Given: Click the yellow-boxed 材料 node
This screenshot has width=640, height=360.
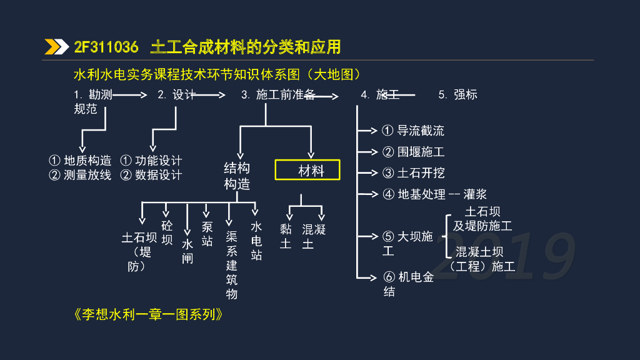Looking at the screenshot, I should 308,171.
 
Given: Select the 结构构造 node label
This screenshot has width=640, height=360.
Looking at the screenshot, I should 237,176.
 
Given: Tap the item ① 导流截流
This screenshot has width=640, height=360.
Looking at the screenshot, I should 413,131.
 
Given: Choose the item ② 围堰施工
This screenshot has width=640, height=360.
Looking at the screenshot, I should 413,152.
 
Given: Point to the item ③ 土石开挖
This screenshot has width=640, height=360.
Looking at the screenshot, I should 413,173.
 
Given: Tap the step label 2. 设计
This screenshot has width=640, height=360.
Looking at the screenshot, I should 176,95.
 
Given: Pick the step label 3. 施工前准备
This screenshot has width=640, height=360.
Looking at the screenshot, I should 278,95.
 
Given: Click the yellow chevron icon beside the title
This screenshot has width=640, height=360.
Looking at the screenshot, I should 56,47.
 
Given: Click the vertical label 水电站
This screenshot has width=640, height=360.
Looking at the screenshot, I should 256,241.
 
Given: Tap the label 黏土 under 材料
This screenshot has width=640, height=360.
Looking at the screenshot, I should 286,236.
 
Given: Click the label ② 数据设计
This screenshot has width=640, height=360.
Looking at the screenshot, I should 151,176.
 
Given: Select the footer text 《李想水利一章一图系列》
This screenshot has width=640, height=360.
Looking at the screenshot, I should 149,314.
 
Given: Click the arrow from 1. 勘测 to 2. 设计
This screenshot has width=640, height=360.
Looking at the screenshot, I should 129,95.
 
